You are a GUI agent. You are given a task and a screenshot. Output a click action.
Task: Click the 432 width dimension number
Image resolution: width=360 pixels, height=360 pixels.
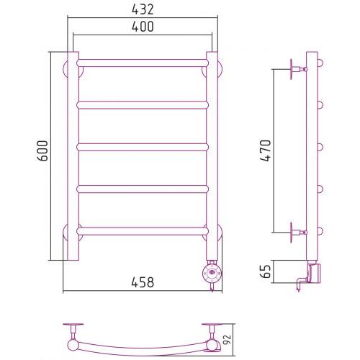pyautogui.click(x=143, y=10)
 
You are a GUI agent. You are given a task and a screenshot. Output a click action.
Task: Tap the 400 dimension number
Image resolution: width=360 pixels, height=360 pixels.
pyautogui.click(x=143, y=27)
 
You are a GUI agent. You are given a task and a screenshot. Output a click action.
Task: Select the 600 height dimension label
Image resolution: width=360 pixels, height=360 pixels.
pyautogui.click(x=42, y=150)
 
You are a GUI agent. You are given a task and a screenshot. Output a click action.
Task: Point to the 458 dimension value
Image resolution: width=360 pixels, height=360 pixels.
pyautogui.click(x=143, y=282)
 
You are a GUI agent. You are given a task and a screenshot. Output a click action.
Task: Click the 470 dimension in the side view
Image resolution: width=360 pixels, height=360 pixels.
pyautogui.click(x=266, y=150)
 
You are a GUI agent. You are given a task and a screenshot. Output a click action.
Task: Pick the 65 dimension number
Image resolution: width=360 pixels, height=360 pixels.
pyautogui.click(x=266, y=271)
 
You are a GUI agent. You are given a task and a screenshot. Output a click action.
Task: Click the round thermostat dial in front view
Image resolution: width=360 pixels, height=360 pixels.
pyautogui.click(x=212, y=272)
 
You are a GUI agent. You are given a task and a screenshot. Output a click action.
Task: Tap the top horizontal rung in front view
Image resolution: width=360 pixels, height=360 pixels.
pyautogui.click(x=143, y=63)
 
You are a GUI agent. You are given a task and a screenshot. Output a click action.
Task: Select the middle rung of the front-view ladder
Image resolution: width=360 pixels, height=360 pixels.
pyautogui.click(x=143, y=147)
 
